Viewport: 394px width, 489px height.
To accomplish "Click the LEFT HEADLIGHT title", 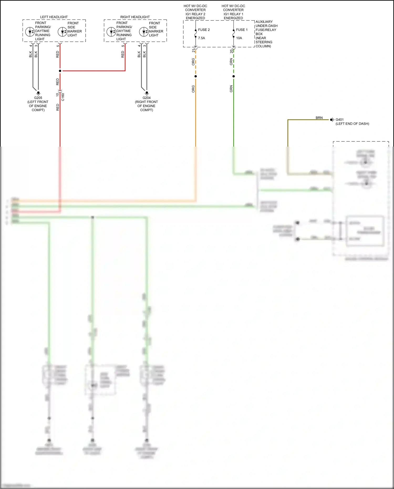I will tap(54, 17).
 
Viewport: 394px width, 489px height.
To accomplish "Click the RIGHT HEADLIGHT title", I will tap(135, 17).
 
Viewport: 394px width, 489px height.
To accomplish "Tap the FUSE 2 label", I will tap(204, 30).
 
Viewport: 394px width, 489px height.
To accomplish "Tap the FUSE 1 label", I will tap(242, 30).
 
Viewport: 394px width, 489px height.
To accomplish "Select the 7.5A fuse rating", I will tap(201, 38).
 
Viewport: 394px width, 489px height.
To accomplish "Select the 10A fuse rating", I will tap(239, 38).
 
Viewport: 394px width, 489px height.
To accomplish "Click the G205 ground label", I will tap(38, 98).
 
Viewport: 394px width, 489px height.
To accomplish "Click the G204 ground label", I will tap(147, 98).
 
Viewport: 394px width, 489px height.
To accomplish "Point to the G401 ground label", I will tap(340, 120).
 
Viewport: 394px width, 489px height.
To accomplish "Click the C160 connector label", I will tap(63, 97).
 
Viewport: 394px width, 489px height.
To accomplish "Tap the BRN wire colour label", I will tap(319, 118).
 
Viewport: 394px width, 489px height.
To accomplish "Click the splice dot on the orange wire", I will tap(196, 76).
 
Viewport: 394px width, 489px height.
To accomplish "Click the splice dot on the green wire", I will tap(234, 76).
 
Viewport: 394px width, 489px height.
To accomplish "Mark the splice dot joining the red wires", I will tap(60, 71).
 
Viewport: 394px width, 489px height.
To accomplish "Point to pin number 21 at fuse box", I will tap(193, 50).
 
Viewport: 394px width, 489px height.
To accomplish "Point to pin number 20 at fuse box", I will tap(231, 51).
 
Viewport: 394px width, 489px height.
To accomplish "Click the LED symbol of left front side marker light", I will tap(62, 32).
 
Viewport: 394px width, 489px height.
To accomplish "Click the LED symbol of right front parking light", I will tap(111, 32).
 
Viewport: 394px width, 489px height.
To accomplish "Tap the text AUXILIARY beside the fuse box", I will tap(264, 22).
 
